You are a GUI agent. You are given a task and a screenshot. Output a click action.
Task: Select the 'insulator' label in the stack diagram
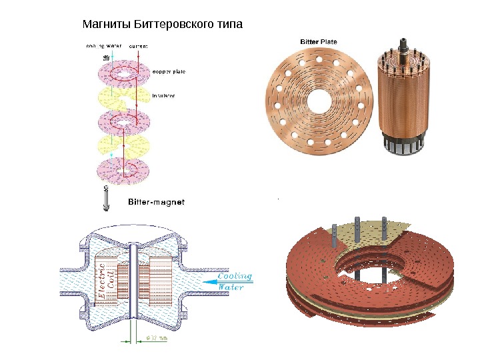tap(164, 95)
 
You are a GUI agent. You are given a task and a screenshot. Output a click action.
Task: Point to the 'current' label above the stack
tap(138, 46)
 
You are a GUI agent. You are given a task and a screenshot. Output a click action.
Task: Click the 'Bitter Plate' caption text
tap(319, 41)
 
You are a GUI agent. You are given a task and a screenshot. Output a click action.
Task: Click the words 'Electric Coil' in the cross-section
tap(107, 280)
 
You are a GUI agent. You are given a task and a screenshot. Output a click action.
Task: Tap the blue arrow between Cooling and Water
tap(223, 281)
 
